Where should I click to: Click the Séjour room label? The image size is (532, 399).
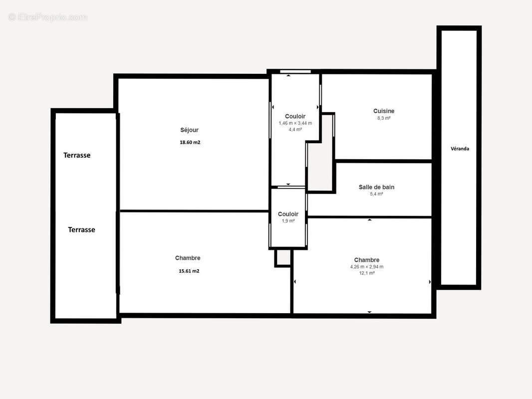tap(189, 130)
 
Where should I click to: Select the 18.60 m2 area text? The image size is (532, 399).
tap(190, 142)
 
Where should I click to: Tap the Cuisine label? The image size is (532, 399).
tap(384, 111)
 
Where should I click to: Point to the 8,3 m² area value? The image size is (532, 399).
tap(384, 118)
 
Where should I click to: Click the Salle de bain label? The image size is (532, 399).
tap(377, 187)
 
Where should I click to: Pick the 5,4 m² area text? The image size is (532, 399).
tap(376, 194)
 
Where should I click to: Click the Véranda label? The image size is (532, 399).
tap(460, 149)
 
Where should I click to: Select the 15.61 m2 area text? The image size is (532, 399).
tap(189, 271)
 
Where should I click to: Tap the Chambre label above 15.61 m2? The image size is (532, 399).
tap(188, 258)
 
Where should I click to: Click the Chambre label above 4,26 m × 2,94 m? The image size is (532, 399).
tap(367, 260)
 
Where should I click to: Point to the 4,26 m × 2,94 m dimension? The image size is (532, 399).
tap(367, 267)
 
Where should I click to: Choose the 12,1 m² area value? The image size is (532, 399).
tap(367, 273)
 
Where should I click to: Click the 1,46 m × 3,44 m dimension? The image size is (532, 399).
tap(295, 123)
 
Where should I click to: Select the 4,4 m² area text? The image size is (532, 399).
tap(295, 130)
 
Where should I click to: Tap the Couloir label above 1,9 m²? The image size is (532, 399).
tap(288, 214)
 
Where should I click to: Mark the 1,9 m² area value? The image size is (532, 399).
tap(288, 221)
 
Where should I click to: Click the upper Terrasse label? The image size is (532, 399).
tap(77, 155)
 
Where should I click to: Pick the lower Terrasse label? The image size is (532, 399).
tap(81, 230)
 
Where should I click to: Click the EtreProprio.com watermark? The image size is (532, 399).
tap(48, 17)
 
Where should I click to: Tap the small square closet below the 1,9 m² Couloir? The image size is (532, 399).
tap(283, 258)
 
